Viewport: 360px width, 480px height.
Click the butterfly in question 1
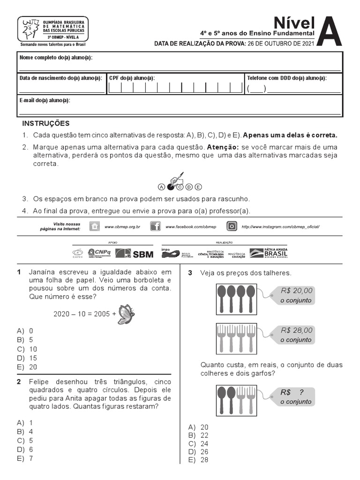[126, 314]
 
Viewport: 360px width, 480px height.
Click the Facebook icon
[155, 226]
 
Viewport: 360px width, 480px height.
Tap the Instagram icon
[232, 226]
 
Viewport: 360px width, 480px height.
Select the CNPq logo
[99, 253]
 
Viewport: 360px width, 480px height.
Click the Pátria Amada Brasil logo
[269, 253]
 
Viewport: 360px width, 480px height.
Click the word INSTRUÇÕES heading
[46, 123]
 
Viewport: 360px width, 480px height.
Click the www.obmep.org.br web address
[122, 227]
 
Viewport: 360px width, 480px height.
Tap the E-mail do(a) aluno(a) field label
[45, 100]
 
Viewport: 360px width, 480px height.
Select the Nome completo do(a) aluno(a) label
[56, 57]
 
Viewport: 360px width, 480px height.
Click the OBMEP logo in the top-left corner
[52, 29]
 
